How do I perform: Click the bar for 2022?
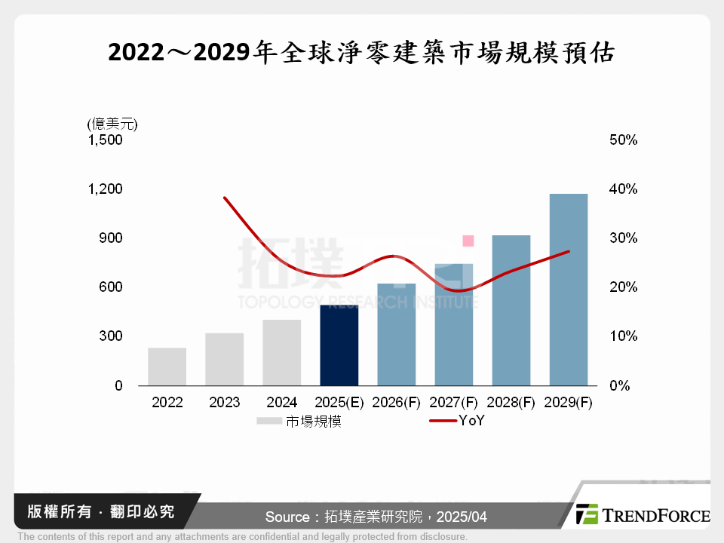click(x=167, y=367)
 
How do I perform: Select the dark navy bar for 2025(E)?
click(x=339, y=345)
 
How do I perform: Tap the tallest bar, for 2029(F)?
click(x=569, y=290)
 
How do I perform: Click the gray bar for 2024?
click(x=282, y=353)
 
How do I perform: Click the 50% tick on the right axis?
click(x=622, y=140)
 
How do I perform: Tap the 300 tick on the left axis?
click(x=110, y=336)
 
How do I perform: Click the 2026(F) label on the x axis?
click(x=397, y=403)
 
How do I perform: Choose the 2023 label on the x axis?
click(x=224, y=403)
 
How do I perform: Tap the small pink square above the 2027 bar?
click(x=468, y=241)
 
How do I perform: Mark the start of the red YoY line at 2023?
click(x=225, y=198)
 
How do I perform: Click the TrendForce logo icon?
click(x=587, y=514)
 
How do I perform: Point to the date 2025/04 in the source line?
click(x=465, y=517)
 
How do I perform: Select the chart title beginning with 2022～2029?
click(x=362, y=53)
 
